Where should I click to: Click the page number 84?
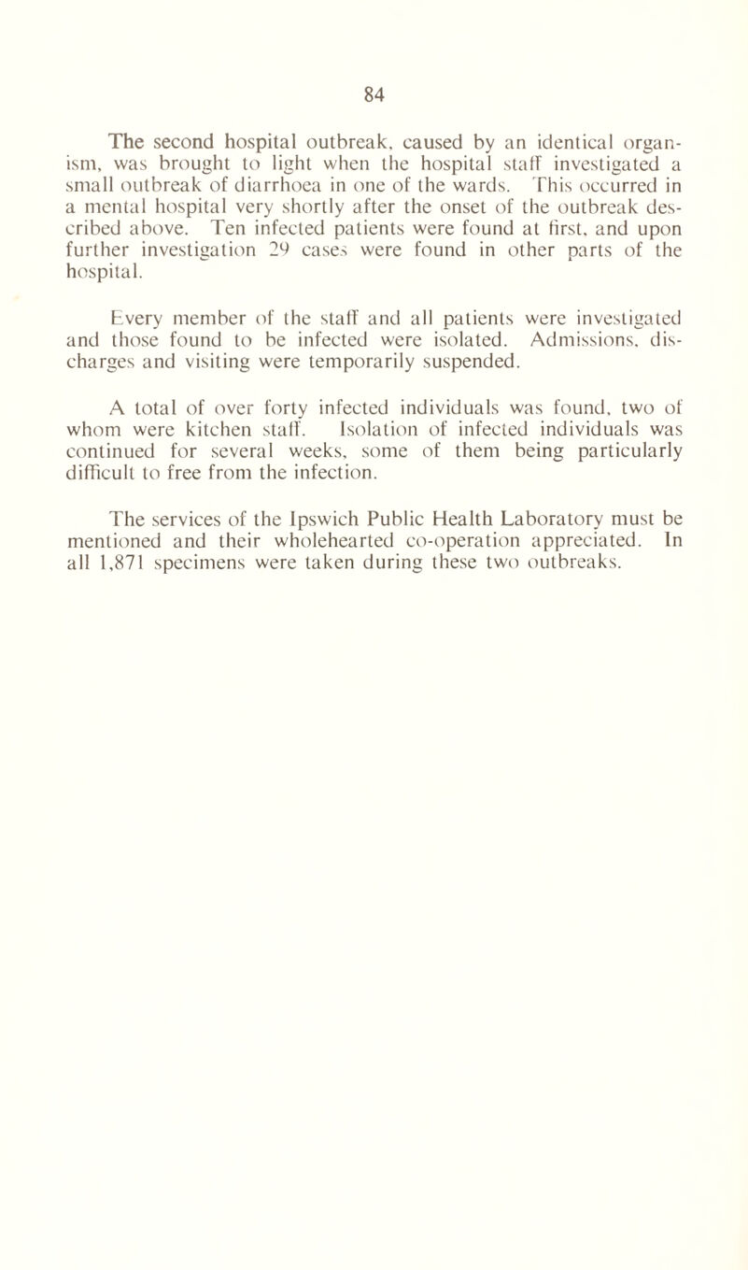click(374, 93)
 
